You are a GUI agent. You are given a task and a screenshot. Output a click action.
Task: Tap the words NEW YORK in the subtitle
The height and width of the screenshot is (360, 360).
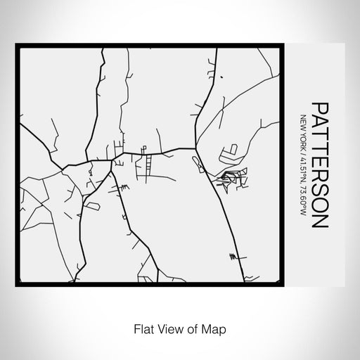pyautogui.click(x=302, y=131)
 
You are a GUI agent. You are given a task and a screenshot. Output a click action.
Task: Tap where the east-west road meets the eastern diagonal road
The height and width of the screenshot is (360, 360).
pyautogui.click(x=195, y=148)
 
